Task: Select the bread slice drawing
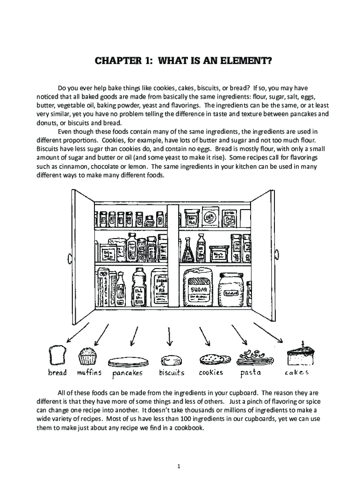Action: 57,355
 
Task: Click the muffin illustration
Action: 87,356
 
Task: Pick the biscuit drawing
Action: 171,360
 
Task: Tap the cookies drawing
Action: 215,359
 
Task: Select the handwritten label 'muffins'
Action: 89,373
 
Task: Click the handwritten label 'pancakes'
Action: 127,373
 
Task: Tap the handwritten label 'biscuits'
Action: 171,373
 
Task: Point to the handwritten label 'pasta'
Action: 251,373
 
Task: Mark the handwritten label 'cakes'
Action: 296,373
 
